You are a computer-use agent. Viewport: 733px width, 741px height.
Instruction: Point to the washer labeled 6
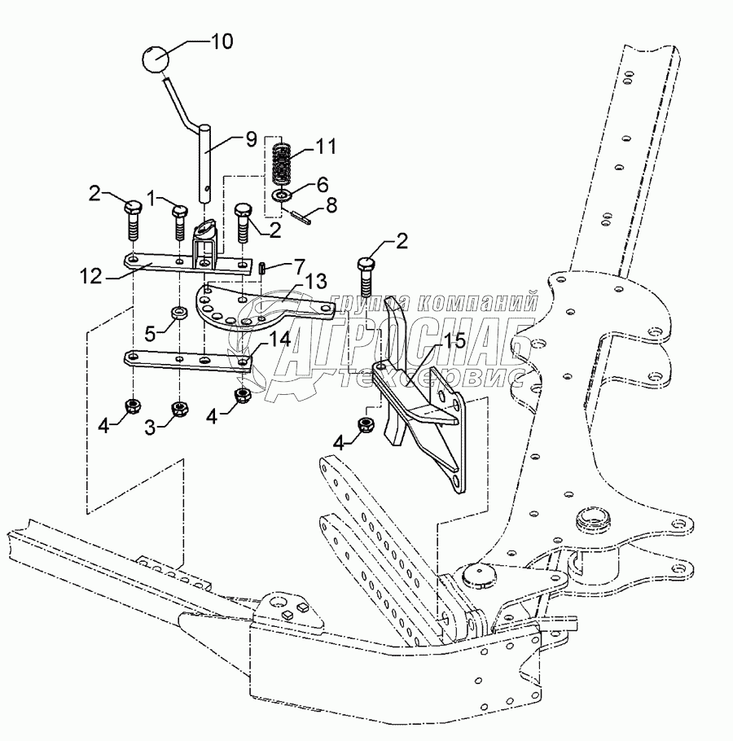coord(282,195)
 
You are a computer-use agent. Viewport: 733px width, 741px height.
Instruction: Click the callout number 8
coord(331,207)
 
